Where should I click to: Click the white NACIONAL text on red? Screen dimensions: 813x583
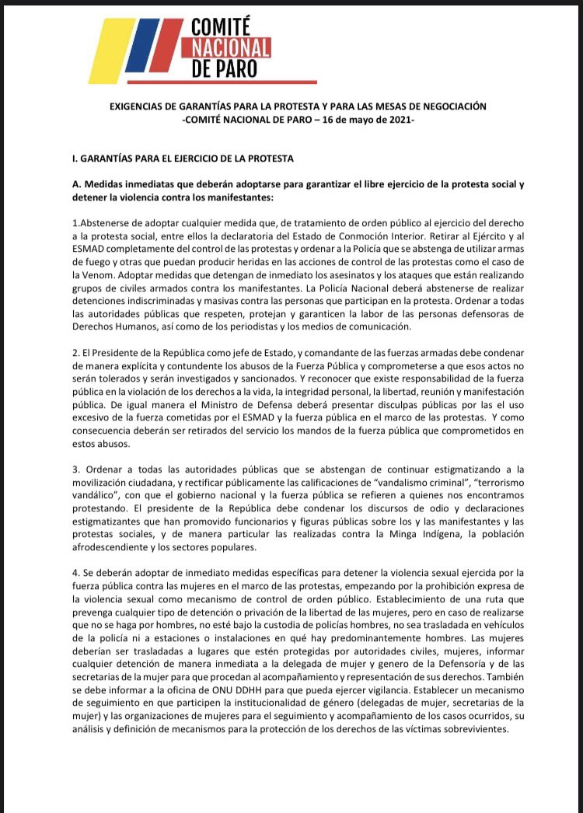click(x=232, y=47)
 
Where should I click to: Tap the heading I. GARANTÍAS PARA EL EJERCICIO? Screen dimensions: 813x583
click(x=182, y=159)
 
